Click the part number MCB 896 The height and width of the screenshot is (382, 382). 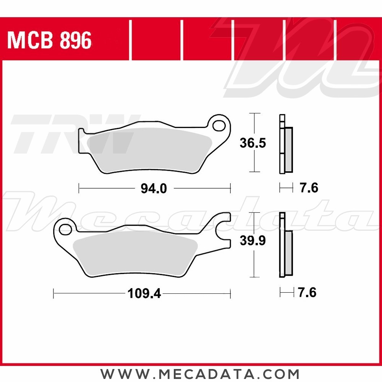[50, 40]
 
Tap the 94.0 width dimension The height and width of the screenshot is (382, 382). [154, 188]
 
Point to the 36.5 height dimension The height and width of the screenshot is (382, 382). [253, 143]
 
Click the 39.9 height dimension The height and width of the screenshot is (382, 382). [253, 241]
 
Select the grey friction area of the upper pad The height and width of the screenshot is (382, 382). [149, 149]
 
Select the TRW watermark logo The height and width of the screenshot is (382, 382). [73, 134]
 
